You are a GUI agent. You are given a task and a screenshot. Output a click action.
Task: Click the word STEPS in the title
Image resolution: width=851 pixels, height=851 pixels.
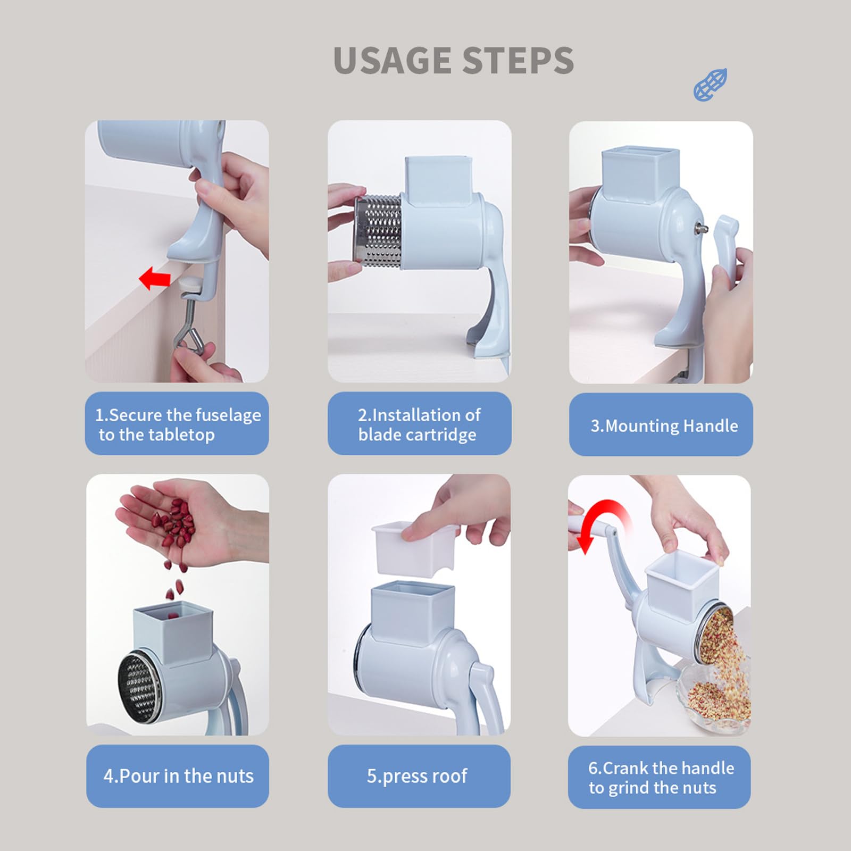pos(518,60)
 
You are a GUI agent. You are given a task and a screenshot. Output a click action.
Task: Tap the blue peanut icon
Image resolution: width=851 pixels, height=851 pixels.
pos(710,85)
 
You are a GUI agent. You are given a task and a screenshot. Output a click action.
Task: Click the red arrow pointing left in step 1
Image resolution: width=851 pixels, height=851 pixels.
pos(155,278)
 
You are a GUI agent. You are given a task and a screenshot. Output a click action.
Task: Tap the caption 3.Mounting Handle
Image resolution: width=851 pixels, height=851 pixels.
pos(664,425)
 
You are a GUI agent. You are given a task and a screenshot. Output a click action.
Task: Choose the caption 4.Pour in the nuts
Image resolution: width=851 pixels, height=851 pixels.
pos(178,776)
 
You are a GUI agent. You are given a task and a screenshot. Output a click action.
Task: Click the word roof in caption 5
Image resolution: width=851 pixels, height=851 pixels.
pos(449,776)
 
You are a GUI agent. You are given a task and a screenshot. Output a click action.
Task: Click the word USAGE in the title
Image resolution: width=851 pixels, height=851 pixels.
pos(393,60)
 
